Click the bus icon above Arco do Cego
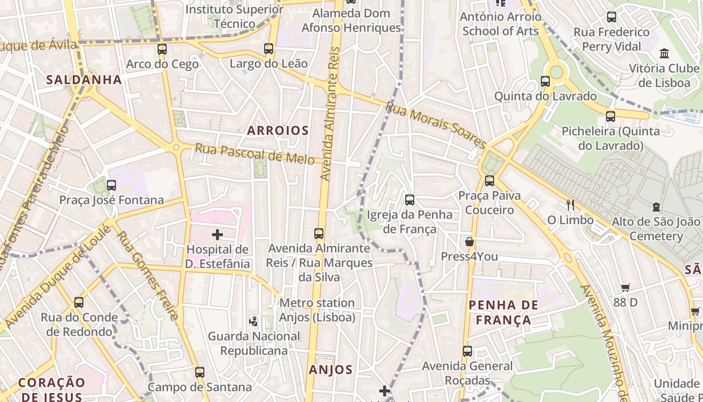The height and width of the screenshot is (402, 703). coord(162,49)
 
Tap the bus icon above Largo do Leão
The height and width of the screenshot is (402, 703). coord(269,49)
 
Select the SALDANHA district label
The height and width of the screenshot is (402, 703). coord(84,79)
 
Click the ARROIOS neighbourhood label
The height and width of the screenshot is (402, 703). coord(278,131)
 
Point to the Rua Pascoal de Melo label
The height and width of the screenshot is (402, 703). coord(255,154)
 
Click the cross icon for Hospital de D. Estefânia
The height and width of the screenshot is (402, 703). coord(217,235)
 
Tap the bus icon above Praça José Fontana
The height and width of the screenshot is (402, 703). coord(111,185)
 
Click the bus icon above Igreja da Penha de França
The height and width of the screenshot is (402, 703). coord(410,200)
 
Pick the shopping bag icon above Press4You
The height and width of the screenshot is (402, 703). coord(470,242)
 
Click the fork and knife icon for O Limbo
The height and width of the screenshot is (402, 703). coord(570,205)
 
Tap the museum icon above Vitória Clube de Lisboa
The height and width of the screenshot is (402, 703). coord(665,53)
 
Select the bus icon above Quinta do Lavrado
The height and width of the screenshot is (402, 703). coord(545,81)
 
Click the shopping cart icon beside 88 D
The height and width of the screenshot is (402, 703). coord(625,288)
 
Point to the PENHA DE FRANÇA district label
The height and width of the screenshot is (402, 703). coord(503,312)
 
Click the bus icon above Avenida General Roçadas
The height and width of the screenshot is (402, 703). coord(467,351)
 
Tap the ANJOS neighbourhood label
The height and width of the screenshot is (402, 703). coord(330,370)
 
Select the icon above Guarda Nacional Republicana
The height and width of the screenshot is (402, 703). coord(254,321)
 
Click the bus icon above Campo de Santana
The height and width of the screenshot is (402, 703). coord(200,372)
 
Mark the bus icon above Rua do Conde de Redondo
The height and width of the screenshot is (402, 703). coord(79,303)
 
